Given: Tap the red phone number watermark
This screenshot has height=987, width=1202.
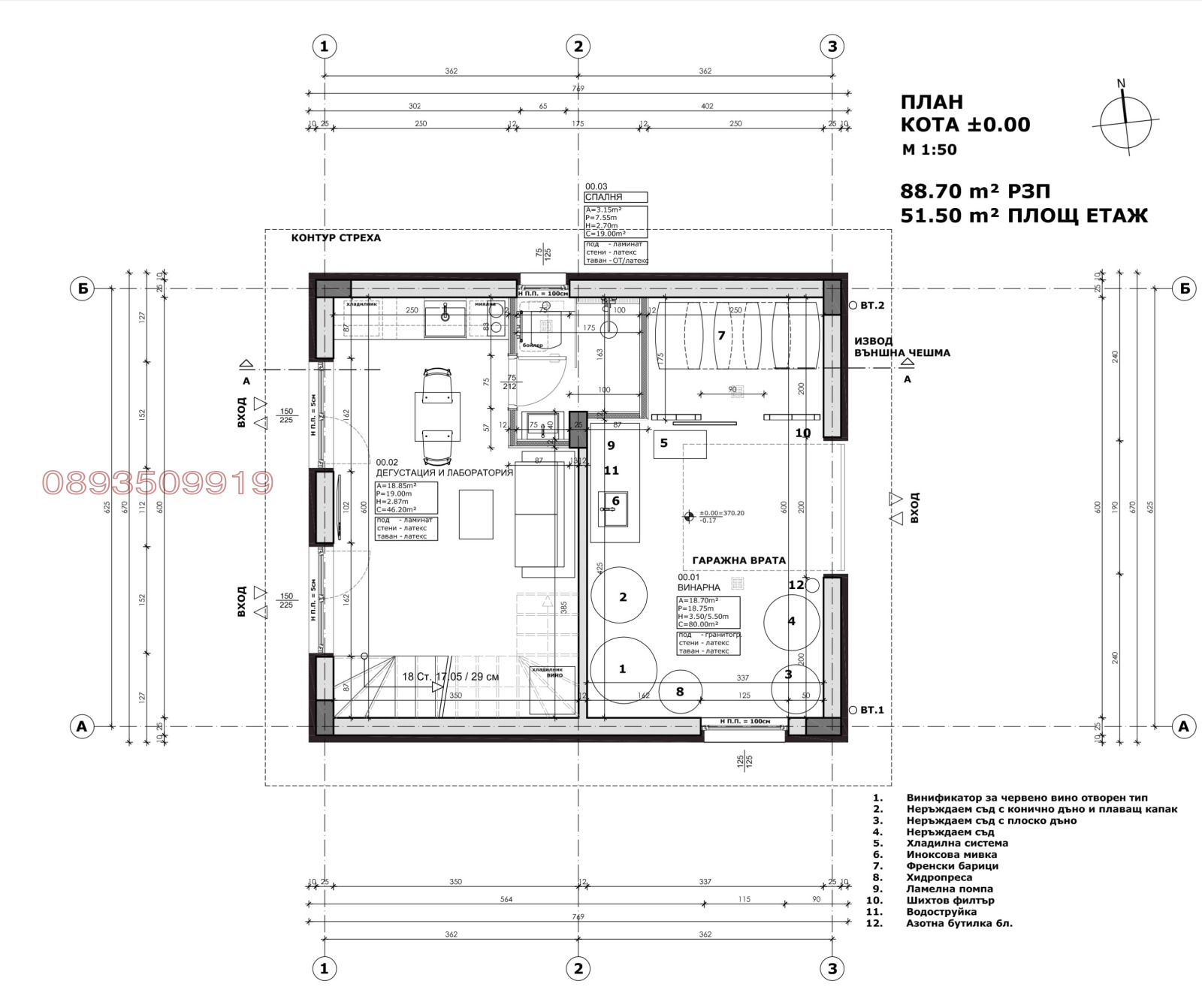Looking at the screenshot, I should click(158, 483).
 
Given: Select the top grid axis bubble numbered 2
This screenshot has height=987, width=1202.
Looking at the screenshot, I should click(578, 47).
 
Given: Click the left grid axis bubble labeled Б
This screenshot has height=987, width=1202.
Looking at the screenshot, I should click(82, 288).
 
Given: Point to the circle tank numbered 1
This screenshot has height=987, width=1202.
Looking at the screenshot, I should click(623, 669).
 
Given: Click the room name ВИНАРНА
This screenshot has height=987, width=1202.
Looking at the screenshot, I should click(699, 587).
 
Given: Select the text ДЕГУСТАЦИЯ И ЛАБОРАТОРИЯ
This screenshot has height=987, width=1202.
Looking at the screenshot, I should click(444, 472).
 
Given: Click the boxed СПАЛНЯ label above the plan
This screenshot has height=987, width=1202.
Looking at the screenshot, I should click(615, 198).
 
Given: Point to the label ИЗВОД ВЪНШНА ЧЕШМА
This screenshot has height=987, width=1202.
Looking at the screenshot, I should click(901, 347).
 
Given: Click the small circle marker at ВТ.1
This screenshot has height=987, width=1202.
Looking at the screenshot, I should click(853, 710).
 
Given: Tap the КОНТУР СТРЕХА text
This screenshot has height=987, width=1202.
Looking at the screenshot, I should click(336, 238).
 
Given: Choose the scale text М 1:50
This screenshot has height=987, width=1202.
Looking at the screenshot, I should click(929, 149).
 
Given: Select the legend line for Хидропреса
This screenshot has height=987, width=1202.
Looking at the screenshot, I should click(939, 877).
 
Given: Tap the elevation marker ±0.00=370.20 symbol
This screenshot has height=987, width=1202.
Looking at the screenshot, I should click(688, 516).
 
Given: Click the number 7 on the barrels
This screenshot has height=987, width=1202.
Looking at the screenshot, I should click(721, 335).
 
